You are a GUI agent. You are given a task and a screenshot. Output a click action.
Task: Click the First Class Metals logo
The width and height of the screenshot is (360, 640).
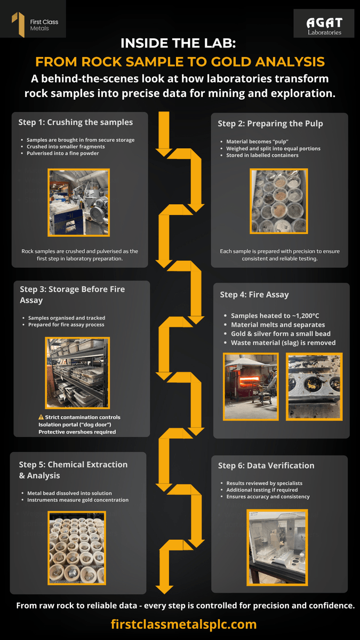click(x=35, y=25)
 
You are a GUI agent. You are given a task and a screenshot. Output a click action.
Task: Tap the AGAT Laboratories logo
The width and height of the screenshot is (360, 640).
click(x=324, y=26)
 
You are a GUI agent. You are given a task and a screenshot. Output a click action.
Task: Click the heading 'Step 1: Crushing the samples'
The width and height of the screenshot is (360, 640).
click(x=75, y=122)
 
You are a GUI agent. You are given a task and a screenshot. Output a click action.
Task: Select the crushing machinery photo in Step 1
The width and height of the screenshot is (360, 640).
click(x=78, y=203)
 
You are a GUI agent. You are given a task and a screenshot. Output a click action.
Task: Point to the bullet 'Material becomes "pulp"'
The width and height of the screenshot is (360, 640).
click(x=257, y=141)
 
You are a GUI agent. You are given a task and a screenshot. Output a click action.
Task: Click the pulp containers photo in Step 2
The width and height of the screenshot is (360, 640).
click(x=279, y=201)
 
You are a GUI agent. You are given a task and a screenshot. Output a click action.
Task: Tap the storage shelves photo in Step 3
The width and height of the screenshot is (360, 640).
click(x=77, y=373)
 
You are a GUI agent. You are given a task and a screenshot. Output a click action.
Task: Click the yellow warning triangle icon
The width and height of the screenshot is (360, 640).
click(x=41, y=417)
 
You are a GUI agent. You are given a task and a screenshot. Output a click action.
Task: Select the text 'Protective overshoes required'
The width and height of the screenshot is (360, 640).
click(x=77, y=431)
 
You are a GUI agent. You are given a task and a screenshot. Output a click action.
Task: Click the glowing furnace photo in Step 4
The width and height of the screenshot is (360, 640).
click(x=251, y=387)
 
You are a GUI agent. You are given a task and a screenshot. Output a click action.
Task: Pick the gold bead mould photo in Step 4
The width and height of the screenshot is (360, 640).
click(x=314, y=387)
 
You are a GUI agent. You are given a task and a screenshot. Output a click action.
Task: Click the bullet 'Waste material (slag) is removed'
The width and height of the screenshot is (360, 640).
click(x=283, y=342)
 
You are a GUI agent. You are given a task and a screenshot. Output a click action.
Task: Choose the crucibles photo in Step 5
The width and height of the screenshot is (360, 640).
click(x=77, y=548)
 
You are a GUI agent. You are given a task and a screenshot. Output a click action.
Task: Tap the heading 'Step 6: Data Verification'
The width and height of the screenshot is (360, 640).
click(x=266, y=466)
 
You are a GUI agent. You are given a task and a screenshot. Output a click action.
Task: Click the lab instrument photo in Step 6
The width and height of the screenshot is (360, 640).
click(x=277, y=547)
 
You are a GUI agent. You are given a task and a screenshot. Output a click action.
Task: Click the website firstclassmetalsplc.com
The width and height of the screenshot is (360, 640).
click(x=183, y=625)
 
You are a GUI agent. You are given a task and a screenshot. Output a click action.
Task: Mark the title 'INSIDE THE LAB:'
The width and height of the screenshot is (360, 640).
click(x=178, y=43)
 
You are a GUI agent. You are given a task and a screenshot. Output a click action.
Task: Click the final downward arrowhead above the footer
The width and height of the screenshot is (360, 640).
click(x=164, y=589)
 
